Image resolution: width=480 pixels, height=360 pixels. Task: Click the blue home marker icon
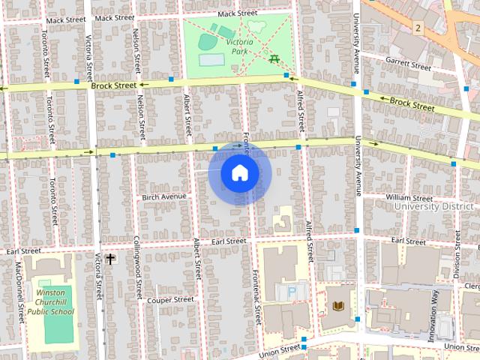(239, 173)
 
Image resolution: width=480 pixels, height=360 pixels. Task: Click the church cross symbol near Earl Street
(110, 259)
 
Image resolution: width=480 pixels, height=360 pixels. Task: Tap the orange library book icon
(339, 306)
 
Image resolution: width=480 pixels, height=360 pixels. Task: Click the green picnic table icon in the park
(274, 58)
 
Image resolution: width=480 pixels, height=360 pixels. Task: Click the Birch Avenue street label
(163, 197)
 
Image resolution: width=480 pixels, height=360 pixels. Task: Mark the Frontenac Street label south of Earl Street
(256, 295)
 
